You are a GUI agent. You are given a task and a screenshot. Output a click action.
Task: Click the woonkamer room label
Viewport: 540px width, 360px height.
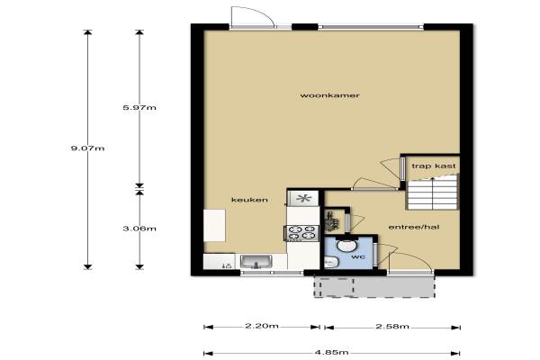click(330, 95)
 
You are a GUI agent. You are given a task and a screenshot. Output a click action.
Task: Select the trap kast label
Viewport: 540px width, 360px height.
click(434, 166)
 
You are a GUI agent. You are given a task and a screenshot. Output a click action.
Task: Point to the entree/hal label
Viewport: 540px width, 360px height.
click(414, 227)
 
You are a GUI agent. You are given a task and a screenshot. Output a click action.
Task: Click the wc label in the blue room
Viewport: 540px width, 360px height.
click(358, 257)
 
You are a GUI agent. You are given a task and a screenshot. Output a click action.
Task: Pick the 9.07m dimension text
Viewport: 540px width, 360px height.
click(87, 148)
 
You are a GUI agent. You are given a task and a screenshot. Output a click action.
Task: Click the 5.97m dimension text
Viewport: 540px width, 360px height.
click(139, 107)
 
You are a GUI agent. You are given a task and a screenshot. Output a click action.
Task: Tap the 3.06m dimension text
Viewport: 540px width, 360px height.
click(139, 229)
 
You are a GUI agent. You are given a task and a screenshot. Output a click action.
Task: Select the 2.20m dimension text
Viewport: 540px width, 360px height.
click(262, 326)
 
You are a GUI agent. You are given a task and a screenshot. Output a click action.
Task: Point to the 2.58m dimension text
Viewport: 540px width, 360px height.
click(392, 326)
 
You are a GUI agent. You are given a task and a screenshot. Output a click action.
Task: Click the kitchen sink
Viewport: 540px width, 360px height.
click(256, 262)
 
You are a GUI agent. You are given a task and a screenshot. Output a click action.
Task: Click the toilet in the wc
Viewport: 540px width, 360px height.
click(331, 263)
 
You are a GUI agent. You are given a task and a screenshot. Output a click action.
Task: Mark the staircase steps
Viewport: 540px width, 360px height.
click(432, 193)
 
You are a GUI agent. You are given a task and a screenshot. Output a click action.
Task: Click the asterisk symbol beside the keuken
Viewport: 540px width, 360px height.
click(304, 198)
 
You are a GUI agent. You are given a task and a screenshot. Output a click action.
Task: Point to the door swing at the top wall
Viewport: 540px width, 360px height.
click(253, 16)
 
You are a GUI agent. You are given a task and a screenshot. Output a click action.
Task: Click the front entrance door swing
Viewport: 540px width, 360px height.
click(410, 262)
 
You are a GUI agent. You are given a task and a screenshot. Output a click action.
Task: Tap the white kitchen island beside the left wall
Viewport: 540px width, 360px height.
click(214, 225)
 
